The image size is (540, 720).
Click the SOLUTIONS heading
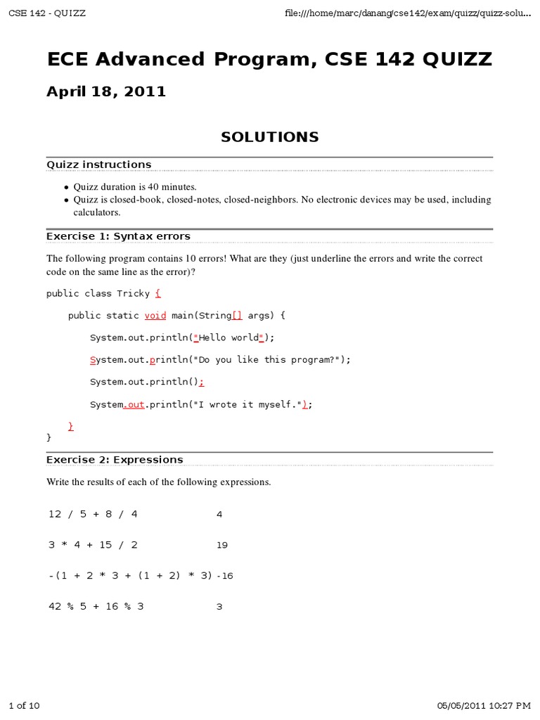tap(270, 137)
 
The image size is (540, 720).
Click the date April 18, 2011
tap(106, 91)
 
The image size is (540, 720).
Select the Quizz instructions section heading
tap(98, 165)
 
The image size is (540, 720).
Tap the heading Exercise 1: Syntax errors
tap(118, 236)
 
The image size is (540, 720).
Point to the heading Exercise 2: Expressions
tap(115, 459)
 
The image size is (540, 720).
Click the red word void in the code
tap(155, 316)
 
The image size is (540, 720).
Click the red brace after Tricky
tap(158, 293)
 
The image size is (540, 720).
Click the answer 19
tap(222, 544)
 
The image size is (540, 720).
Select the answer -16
tap(225, 575)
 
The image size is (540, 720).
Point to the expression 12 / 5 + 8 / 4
tap(93, 514)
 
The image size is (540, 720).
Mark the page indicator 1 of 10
tap(24, 705)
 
